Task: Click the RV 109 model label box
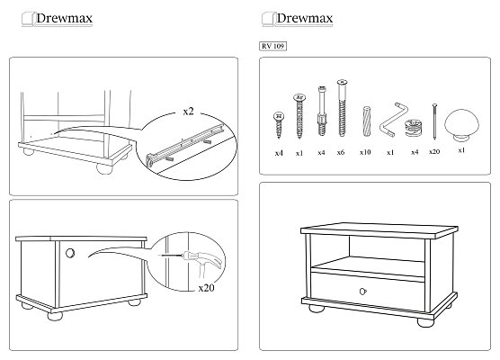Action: click(x=273, y=46)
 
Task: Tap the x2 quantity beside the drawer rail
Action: click(x=189, y=112)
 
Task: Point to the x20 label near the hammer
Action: click(x=206, y=288)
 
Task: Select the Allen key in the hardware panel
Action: click(x=394, y=120)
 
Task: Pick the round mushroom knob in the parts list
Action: click(x=461, y=125)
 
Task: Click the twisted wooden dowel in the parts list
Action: click(x=366, y=121)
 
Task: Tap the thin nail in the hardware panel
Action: click(x=434, y=121)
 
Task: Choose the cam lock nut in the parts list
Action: click(x=414, y=128)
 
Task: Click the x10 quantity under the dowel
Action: click(x=365, y=152)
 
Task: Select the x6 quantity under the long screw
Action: click(x=341, y=153)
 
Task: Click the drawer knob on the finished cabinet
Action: click(x=363, y=292)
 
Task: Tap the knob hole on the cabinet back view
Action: click(x=70, y=253)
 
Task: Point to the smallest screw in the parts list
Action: click(x=279, y=125)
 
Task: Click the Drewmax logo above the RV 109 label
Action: click(x=297, y=19)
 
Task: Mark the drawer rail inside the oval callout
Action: click(x=184, y=145)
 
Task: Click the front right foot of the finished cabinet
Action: click(x=425, y=321)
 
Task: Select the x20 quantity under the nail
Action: click(x=434, y=151)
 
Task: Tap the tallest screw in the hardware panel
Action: click(x=342, y=109)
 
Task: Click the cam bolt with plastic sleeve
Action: click(x=322, y=111)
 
